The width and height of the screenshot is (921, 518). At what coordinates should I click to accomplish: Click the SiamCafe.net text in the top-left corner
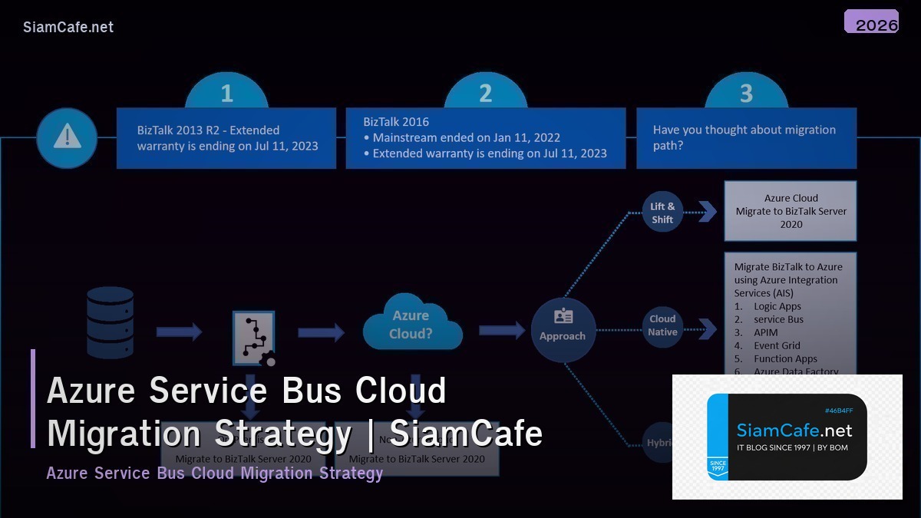click(68, 27)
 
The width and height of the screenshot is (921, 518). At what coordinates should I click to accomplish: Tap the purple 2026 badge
click(871, 22)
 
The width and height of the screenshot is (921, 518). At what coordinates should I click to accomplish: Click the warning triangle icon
click(67, 137)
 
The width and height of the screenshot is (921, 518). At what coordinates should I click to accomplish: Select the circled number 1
click(226, 94)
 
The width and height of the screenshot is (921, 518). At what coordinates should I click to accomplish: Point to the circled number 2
click(485, 94)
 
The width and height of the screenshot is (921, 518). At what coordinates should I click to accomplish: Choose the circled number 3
click(745, 94)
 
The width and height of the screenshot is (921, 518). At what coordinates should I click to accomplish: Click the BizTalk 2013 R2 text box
click(226, 138)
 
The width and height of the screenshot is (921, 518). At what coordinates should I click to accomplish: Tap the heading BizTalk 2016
click(396, 122)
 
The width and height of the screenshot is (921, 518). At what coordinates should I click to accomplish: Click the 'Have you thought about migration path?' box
click(746, 138)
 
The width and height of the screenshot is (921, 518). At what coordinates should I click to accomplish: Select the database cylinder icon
click(110, 322)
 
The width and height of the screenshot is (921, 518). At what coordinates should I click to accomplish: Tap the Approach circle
click(563, 329)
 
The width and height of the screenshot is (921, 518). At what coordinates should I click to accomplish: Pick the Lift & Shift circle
click(662, 212)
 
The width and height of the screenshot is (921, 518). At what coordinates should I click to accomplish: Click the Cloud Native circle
click(662, 325)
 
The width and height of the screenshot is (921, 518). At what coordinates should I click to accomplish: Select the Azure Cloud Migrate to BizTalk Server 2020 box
click(791, 211)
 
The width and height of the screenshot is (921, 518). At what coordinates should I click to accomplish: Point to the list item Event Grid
click(777, 345)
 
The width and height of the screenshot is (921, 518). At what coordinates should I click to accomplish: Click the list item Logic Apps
click(777, 306)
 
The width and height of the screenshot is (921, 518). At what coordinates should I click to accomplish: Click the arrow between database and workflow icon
click(179, 332)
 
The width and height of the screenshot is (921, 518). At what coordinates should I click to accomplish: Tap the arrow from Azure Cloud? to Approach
click(502, 330)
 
